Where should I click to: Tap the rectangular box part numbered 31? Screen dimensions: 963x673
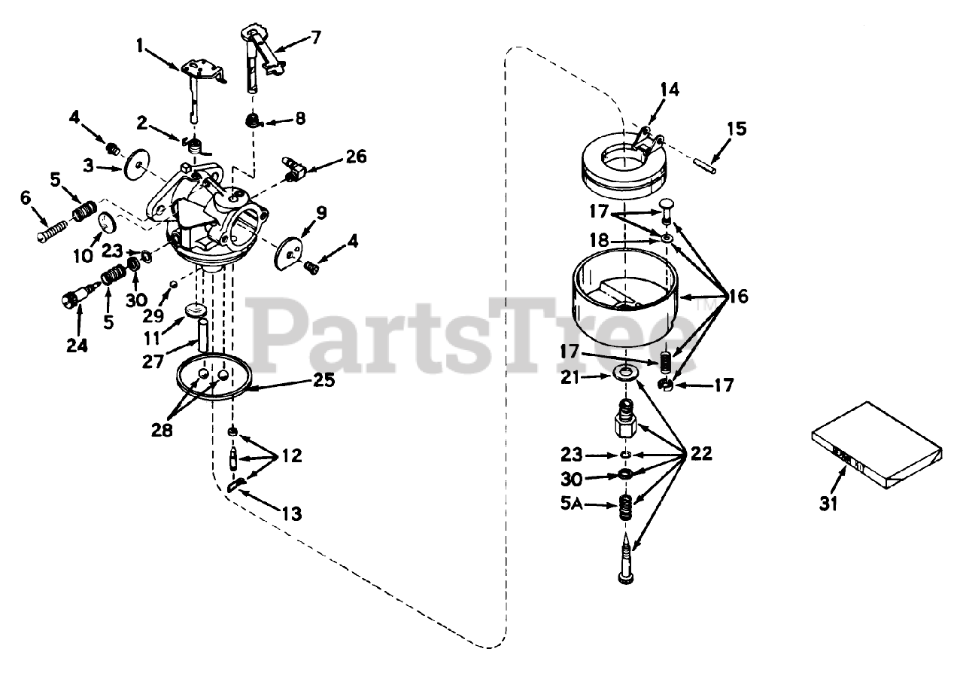tap(877, 445)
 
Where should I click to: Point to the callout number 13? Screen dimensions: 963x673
tap(291, 513)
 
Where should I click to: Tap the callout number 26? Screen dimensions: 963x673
tap(356, 157)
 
